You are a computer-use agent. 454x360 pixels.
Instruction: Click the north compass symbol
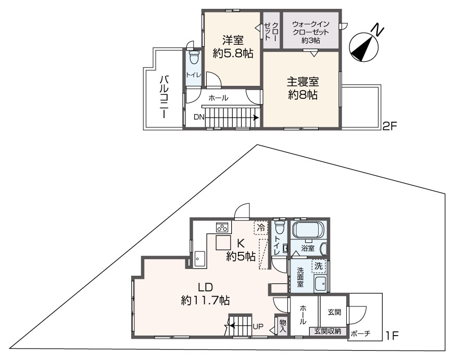(363, 45)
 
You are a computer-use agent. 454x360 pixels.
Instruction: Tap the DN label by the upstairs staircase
(199, 117)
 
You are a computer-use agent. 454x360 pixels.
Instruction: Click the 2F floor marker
(391, 125)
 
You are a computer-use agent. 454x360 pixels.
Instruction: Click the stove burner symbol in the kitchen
(223, 227)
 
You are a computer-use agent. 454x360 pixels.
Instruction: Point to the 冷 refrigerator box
(260, 227)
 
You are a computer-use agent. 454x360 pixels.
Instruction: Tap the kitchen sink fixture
(199, 258)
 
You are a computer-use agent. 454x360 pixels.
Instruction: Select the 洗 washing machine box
(319, 266)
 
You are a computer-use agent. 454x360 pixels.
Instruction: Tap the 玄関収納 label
(327, 331)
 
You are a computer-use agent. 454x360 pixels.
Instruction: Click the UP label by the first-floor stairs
(257, 327)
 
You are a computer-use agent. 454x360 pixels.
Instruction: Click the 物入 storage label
(283, 326)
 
